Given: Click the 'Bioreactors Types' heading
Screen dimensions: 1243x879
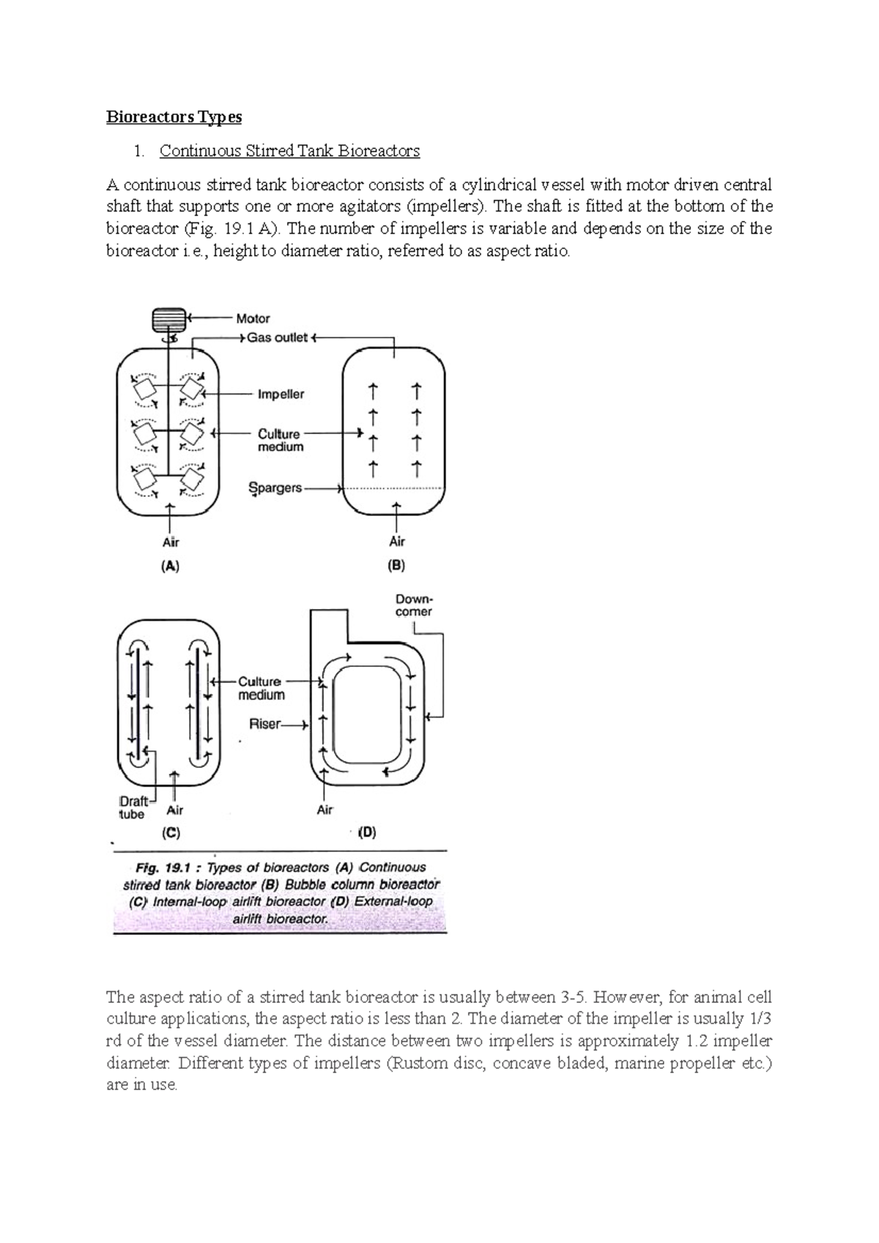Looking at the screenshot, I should click(174, 117).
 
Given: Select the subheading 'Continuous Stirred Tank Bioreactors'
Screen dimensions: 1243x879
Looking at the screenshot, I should click(289, 151).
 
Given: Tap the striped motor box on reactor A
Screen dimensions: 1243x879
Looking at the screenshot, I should click(170, 320).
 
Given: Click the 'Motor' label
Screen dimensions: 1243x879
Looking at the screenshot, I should click(253, 318).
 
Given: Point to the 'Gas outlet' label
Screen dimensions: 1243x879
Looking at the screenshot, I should click(277, 338).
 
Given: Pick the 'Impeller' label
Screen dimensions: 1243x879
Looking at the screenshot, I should click(281, 395).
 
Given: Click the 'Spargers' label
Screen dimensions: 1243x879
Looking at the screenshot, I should click(275, 488).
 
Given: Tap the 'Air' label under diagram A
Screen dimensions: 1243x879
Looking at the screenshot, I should click(170, 542).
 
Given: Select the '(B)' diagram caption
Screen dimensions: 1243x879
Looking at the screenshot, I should click(396, 565).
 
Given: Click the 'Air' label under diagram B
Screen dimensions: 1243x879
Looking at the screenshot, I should click(397, 542).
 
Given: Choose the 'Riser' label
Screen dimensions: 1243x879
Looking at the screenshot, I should click(264, 724).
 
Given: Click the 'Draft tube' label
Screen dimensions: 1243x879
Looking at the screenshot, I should click(133, 807).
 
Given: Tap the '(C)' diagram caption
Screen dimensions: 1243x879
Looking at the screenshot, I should click(171, 832).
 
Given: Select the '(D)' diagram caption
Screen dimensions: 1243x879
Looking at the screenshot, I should click(366, 832).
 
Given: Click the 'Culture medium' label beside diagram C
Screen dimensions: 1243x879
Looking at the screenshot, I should click(261, 688).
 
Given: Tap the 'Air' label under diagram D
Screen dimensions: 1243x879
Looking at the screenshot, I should click(324, 810).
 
